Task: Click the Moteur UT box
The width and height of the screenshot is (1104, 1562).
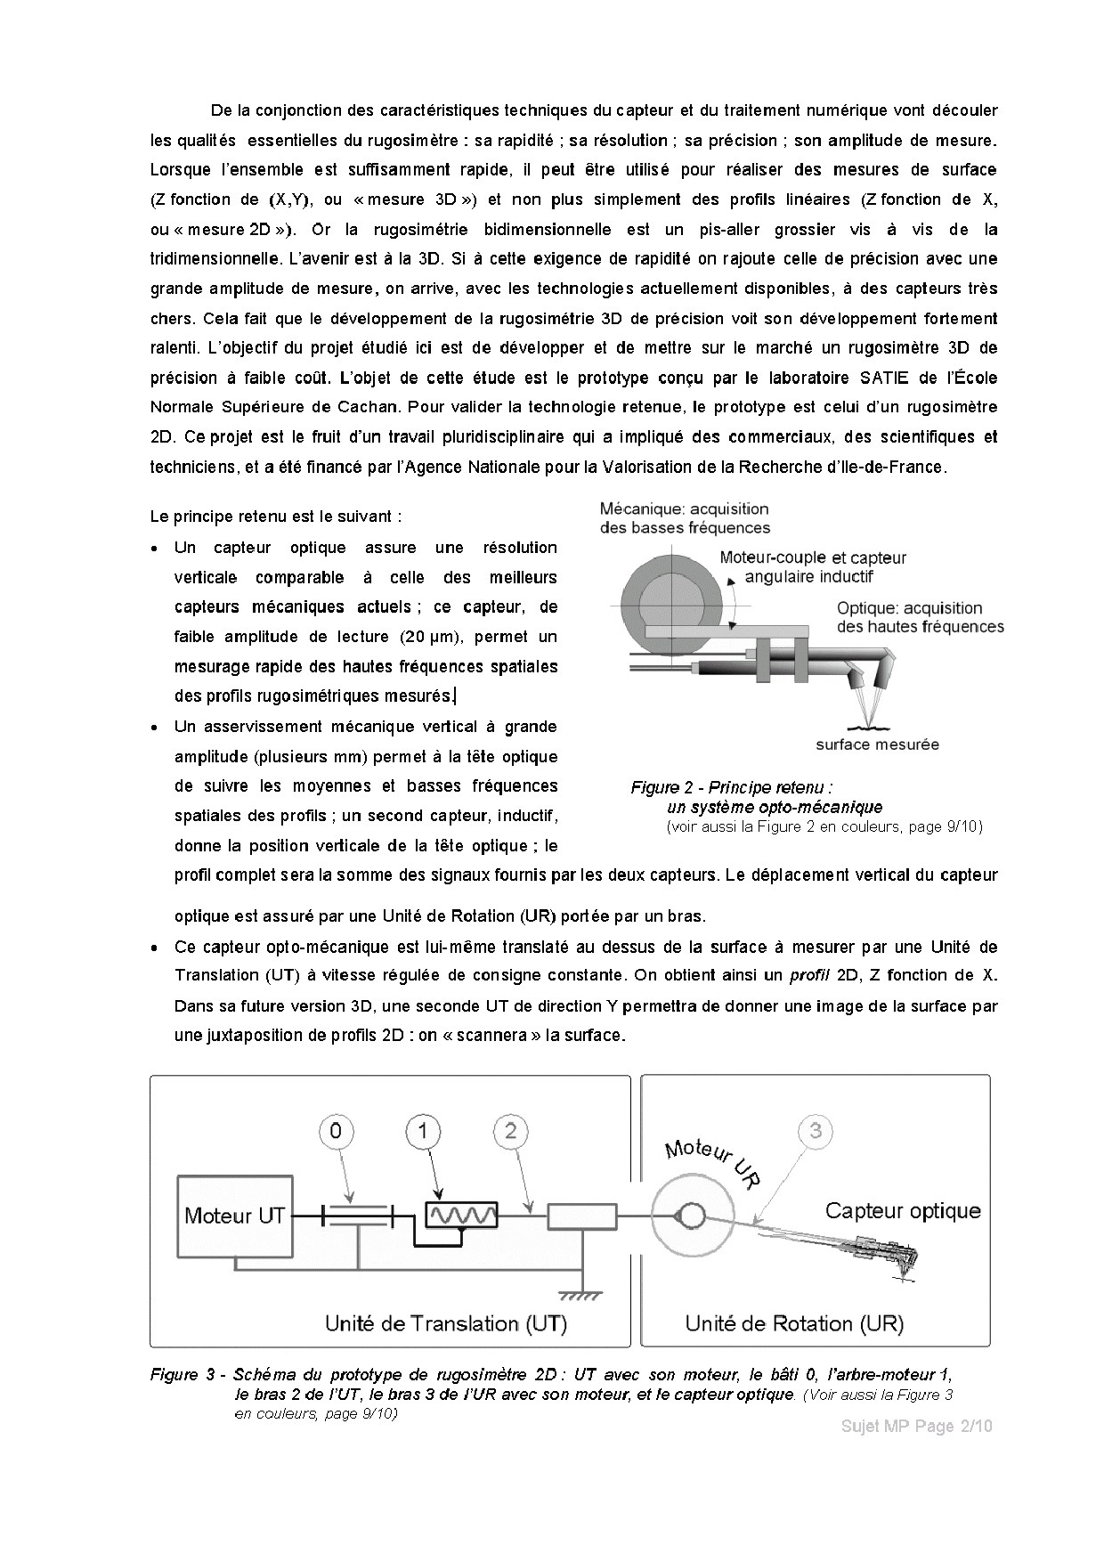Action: tap(234, 1216)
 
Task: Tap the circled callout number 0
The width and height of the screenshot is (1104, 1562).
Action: tap(336, 1131)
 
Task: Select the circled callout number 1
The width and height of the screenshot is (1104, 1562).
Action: tap(424, 1131)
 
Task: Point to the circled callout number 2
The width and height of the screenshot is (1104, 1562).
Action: tap(510, 1131)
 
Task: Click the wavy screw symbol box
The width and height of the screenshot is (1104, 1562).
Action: tap(461, 1215)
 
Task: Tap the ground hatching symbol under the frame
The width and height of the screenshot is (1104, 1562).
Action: tap(579, 1293)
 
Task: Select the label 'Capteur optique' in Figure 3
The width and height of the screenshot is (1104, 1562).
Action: tap(902, 1210)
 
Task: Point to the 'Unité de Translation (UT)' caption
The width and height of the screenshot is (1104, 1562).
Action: tap(445, 1323)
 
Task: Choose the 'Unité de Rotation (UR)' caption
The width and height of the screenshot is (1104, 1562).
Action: tap(793, 1323)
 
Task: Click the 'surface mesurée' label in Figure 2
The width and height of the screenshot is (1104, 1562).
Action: tap(877, 744)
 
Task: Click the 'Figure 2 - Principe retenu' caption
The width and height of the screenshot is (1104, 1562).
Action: tap(732, 787)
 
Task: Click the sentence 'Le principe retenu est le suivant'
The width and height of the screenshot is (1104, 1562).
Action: tap(276, 517)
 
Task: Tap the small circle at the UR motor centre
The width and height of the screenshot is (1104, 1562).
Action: tap(693, 1216)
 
